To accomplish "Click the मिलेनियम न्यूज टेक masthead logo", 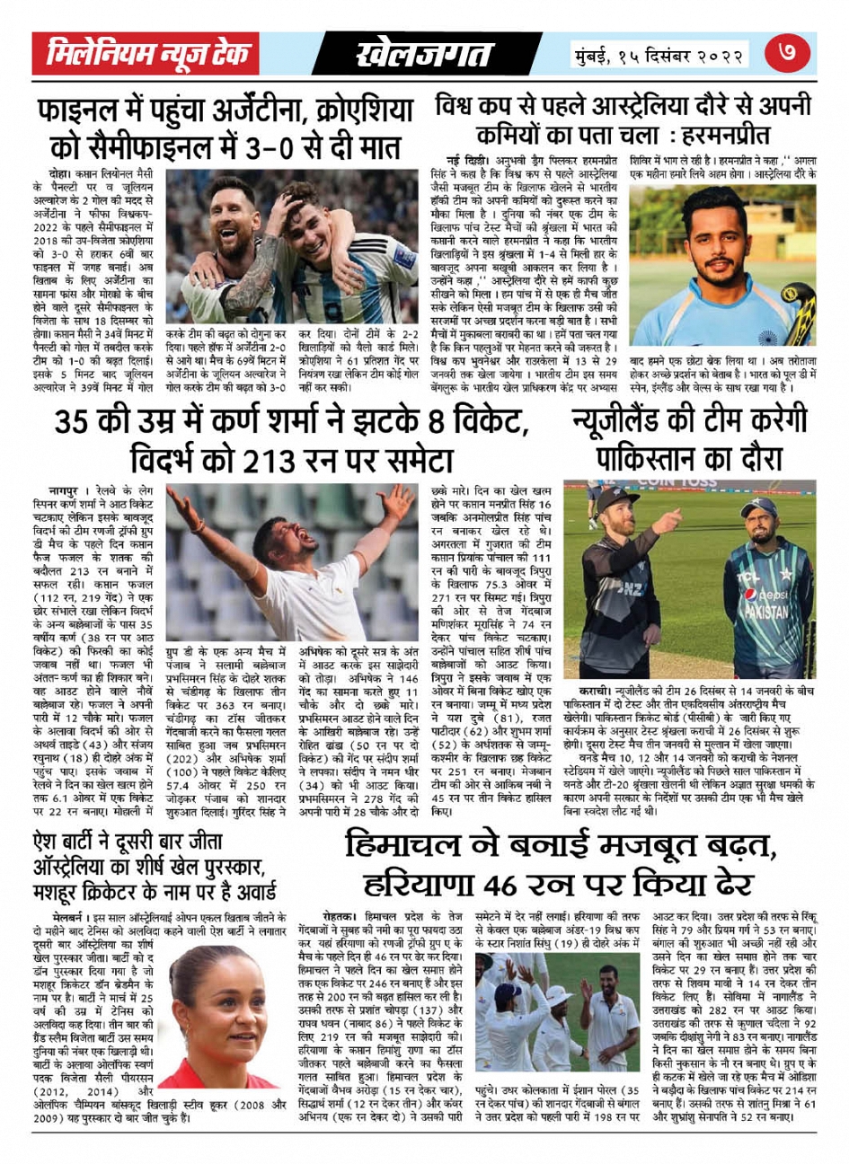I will pyautogui.click(x=149, y=56).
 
